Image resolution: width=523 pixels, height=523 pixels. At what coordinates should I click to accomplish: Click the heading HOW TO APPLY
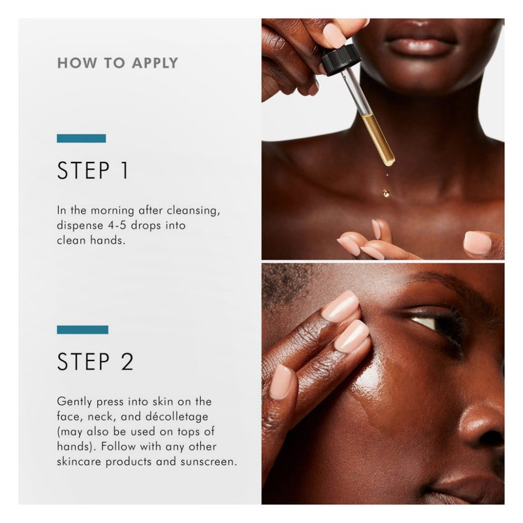coord(118,63)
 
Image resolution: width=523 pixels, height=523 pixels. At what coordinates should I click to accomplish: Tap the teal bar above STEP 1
coord(82,138)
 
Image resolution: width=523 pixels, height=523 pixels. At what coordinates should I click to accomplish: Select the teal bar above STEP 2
coord(83,329)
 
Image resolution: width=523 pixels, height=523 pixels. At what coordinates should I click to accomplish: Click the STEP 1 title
coord(93,171)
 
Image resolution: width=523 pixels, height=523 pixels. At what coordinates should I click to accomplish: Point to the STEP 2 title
coord(95,362)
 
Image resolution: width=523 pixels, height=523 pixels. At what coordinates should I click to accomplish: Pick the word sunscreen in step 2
coord(209,461)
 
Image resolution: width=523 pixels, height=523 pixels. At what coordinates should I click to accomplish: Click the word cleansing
coord(194,211)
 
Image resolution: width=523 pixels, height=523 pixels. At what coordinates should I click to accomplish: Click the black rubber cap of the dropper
coord(341,59)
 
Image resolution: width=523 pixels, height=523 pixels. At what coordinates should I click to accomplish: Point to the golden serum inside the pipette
coord(379,139)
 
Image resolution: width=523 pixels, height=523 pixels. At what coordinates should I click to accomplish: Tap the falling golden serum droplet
coord(386,192)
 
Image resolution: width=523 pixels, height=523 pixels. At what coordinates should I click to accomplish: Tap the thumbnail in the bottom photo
coord(282,382)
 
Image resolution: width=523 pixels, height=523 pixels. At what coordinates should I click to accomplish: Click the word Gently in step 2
coord(74,402)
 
